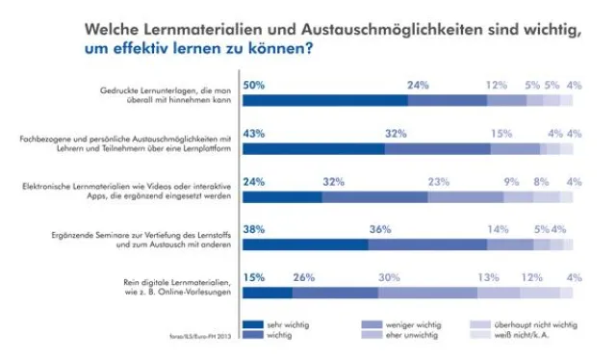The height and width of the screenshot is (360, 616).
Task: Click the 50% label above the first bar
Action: pos(254,85)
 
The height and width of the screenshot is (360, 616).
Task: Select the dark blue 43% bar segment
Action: pos(313,148)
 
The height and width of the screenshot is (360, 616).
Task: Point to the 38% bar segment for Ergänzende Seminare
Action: pos(304,244)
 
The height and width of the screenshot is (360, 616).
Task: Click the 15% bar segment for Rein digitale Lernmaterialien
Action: pos(267,293)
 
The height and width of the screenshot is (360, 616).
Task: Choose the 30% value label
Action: pos(390,277)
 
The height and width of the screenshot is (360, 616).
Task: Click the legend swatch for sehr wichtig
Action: pos(252,325)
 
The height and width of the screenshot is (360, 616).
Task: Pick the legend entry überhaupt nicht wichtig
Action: pos(537,325)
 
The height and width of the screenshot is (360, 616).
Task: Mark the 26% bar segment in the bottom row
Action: pos(335,293)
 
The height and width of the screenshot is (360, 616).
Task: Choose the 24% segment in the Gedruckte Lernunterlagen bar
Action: pos(448,100)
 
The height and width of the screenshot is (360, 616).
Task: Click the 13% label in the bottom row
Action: pos(488,277)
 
